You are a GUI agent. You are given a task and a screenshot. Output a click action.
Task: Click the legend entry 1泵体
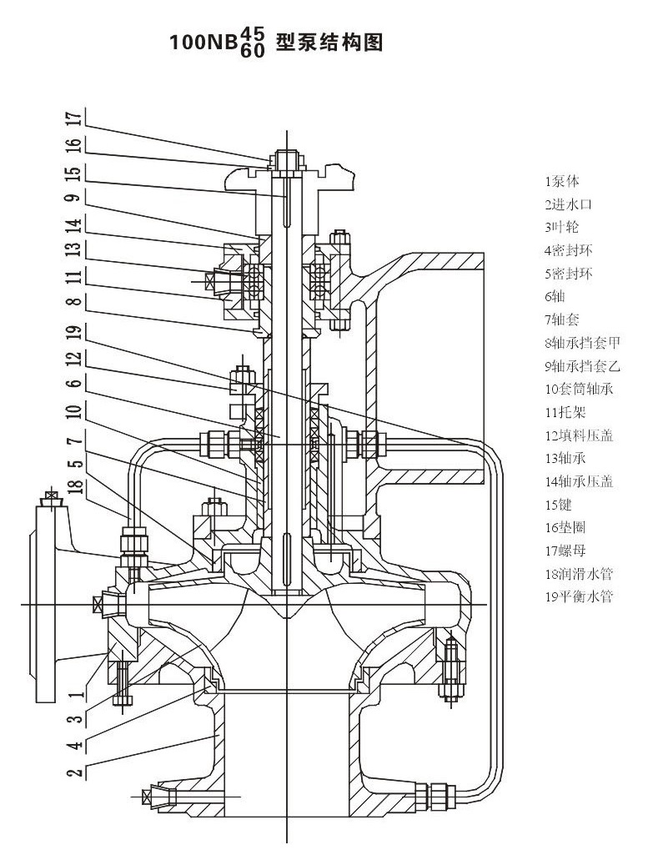click(562, 181)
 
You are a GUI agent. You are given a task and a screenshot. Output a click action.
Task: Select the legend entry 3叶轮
click(562, 227)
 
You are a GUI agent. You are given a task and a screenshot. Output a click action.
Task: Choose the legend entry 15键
click(560, 505)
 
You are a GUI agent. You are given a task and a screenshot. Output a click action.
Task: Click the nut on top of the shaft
click(285, 157)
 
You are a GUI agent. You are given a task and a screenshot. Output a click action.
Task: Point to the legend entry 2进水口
click(568, 204)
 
